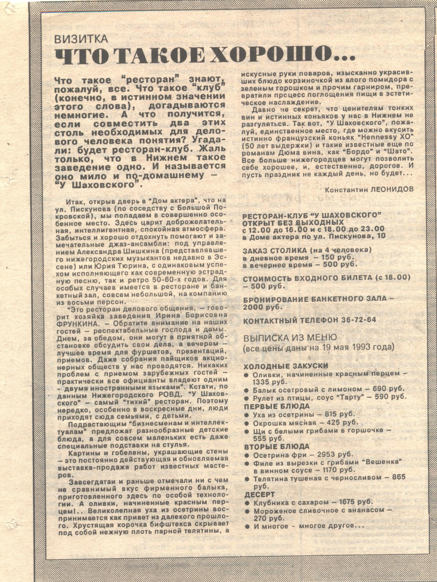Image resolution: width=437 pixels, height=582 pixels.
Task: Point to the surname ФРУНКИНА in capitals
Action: coord(76,322)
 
